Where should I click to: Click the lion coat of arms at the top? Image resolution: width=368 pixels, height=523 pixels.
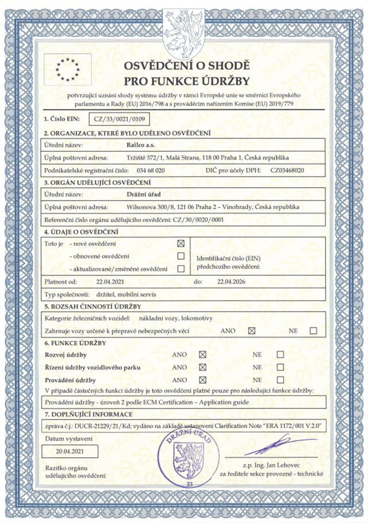(x=184, y=29)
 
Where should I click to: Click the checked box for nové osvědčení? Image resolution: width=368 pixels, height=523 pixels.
(x=182, y=244)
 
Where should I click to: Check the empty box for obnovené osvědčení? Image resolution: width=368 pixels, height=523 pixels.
(x=182, y=256)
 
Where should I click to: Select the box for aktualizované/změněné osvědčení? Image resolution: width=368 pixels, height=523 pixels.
(x=182, y=269)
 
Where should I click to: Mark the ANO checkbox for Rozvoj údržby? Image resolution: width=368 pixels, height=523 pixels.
(x=202, y=355)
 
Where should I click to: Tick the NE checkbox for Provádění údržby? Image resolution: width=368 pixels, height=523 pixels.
(x=281, y=380)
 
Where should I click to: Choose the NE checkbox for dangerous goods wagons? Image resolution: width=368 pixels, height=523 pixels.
(x=313, y=331)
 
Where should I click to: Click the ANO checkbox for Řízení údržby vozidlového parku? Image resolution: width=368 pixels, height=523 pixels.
(x=202, y=367)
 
